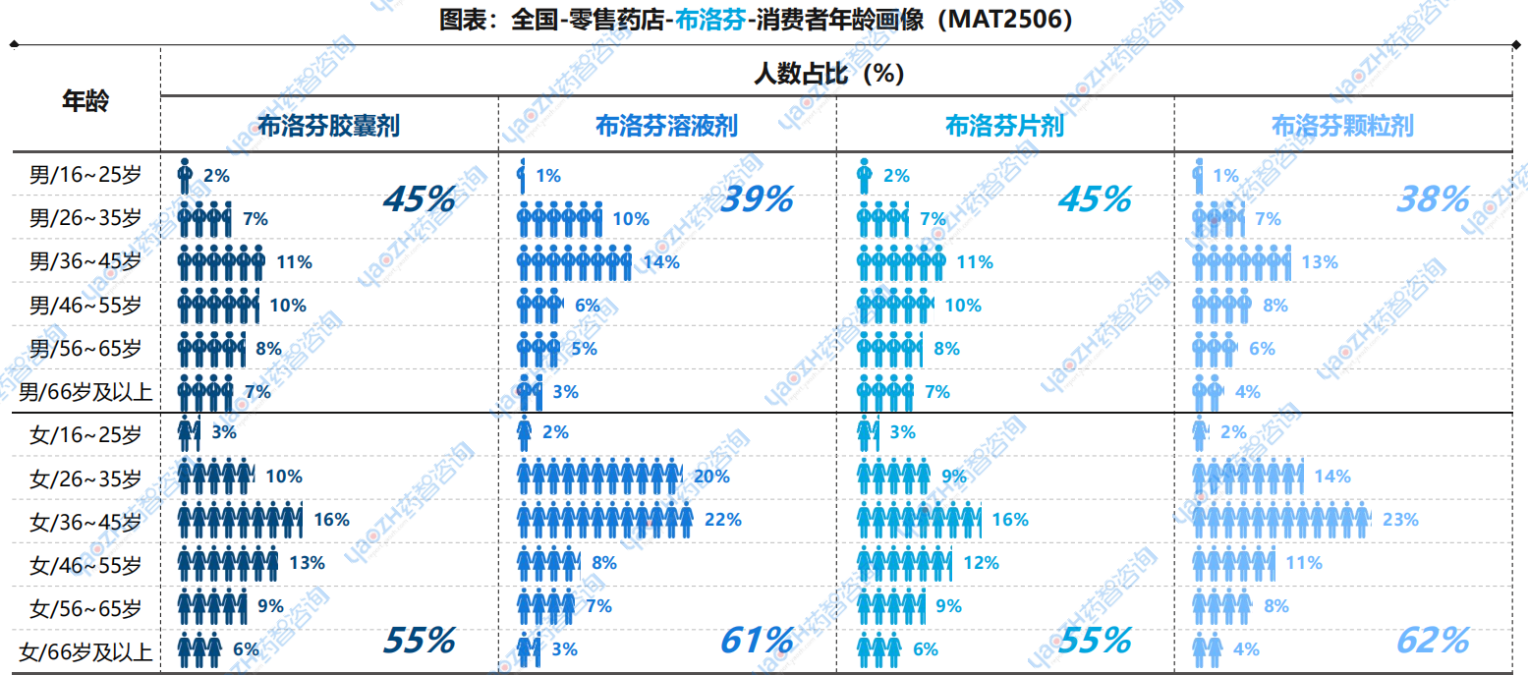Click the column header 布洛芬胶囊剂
click(328, 126)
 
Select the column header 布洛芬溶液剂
click(666, 126)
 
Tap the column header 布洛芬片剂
click(1003, 126)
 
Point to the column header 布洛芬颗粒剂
click(1341, 126)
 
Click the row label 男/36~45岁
click(85, 262)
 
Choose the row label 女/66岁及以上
click(85, 649)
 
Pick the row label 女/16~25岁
click(85, 433)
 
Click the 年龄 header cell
click(85, 100)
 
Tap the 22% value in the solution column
click(722, 520)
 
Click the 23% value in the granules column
click(1400, 520)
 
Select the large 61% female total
click(757, 641)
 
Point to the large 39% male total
click(757, 199)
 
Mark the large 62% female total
click(1433, 641)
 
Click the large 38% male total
click(1433, 199)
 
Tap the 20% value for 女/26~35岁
click(710, 477)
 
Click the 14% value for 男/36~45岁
click(660, 262)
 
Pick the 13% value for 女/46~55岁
click(307, 563)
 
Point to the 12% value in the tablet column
click(981, 563)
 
